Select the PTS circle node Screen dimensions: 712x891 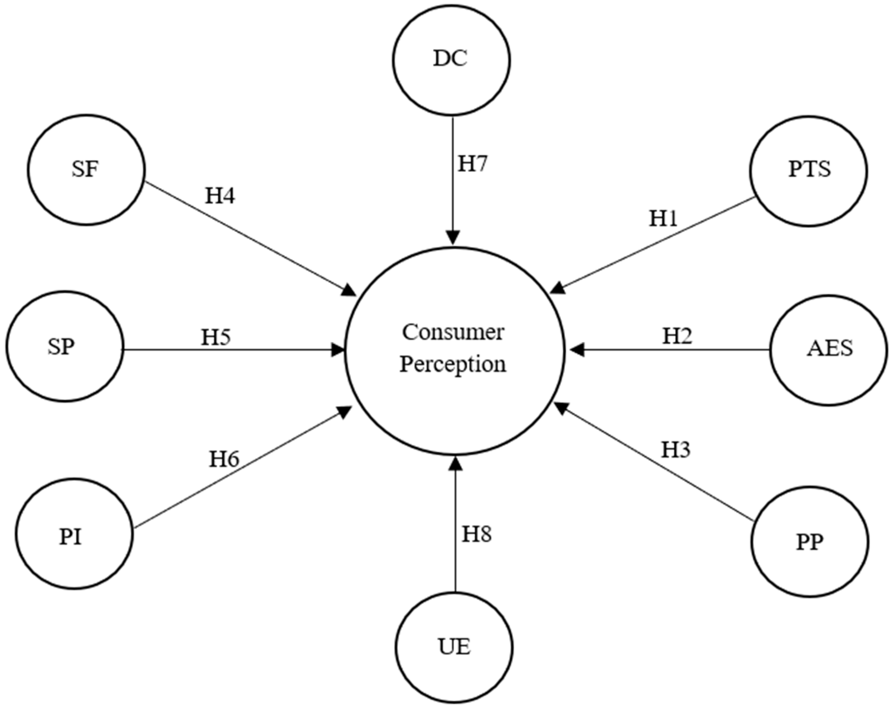tap(809, 170)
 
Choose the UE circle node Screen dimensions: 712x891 tap(454, 647)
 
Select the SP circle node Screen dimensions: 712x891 tap(64, 346)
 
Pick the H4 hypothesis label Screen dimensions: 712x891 tap(220, 196)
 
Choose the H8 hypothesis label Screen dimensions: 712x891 tap(477, 534)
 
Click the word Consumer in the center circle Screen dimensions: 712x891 tap(453, 332)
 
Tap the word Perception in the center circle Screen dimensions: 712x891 tap(453, 365)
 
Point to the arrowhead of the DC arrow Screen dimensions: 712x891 tap(453, 239)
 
